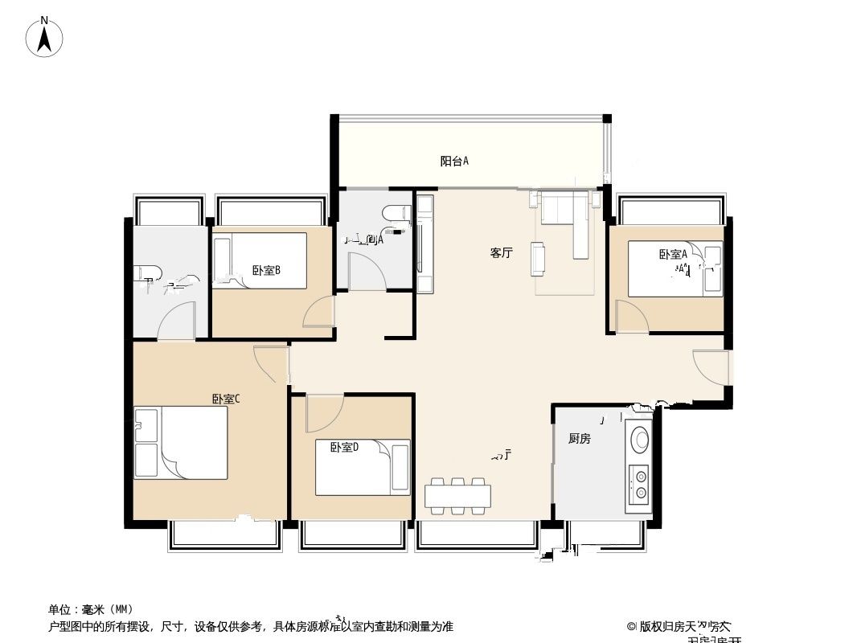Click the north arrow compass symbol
click(45, 37)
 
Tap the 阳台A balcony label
click(454, 161)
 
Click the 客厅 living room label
click(502, 252)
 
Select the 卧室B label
click(265, 270)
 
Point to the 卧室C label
click(226, 399)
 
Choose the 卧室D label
click(343, 447)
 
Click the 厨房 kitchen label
click(580, 439)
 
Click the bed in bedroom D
click(363, 467)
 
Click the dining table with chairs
click(457, 495)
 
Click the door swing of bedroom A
click(630, 315)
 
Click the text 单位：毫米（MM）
click(91, 609)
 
